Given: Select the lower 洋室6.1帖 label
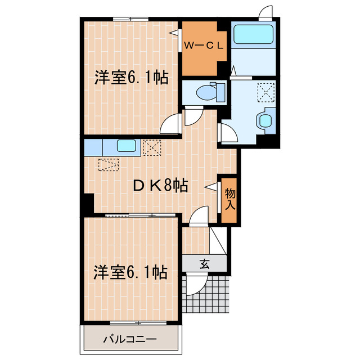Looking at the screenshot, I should [130, 273].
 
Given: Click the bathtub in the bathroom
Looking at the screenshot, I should [253, 34].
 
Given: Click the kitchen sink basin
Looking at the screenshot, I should [126, 147].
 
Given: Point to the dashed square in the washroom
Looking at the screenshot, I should [265, 91].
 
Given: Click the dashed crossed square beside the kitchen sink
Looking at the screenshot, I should [151, 148].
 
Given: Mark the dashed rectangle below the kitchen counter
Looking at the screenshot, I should [109, 165].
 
